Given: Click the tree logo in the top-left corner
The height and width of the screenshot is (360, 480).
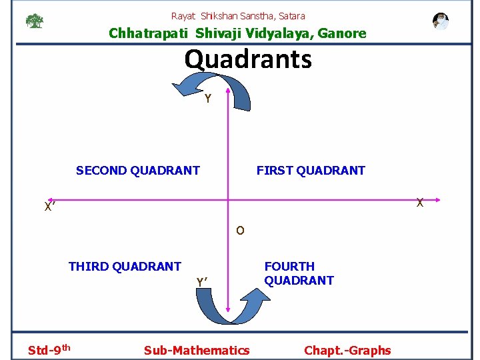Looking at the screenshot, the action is pos(34,21).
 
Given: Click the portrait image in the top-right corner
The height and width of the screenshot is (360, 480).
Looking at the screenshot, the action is pos(440,21).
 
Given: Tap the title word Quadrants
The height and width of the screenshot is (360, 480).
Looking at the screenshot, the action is pos(248,59).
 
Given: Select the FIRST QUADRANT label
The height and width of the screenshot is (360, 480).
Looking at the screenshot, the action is pos(311,170).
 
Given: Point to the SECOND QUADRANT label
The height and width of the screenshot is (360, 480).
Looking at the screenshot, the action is pos(138,170).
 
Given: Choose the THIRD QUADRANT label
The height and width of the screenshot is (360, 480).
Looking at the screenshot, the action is pos(125,267).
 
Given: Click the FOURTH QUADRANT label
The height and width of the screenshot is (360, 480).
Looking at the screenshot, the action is pos(299,273).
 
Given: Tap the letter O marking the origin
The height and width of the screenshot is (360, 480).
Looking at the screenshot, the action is pos(240,231).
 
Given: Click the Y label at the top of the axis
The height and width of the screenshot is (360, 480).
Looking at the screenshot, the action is pos(208,99).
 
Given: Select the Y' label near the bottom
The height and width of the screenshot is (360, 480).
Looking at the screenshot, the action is pos(203,282).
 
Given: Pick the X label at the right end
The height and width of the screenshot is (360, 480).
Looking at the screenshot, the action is pos(419,202).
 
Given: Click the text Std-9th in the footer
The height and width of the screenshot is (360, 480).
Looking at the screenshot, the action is pos(49,349).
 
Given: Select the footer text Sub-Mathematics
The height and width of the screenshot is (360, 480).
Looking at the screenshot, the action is pos(197,350).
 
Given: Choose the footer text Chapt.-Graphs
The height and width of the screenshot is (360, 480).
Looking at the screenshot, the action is pos(347,350).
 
